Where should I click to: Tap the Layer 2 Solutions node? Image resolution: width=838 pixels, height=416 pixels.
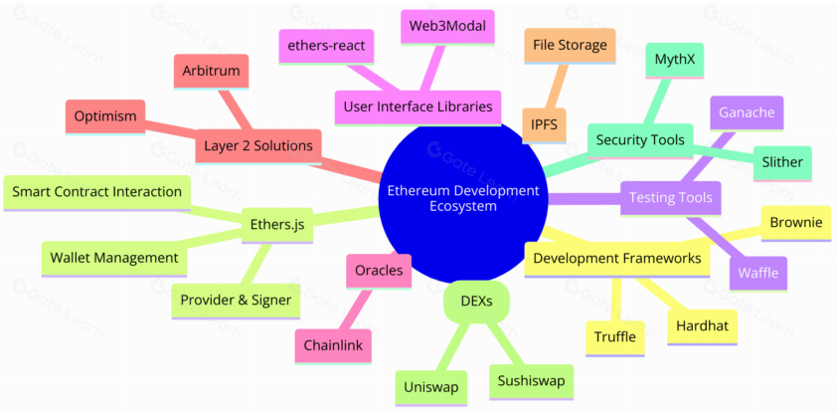coord(257,145)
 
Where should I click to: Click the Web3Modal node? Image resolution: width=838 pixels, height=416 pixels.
coord(446,26)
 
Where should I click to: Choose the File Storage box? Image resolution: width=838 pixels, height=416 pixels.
coord(570,44)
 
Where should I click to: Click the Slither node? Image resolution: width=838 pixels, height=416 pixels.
coord(781,162)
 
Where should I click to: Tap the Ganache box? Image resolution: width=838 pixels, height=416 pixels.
coord(747,112)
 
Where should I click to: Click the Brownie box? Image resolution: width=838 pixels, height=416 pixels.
coord(795,222)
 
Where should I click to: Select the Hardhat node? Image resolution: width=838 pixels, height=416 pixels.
coord(702,326)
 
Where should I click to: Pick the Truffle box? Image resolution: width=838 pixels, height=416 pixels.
coord(615,336)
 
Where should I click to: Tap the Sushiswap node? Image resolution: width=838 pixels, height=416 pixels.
coord(531,379)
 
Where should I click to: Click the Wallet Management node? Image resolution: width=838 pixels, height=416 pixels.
coord(115,258)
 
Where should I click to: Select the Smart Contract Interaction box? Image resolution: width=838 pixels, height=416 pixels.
coord(97,191)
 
